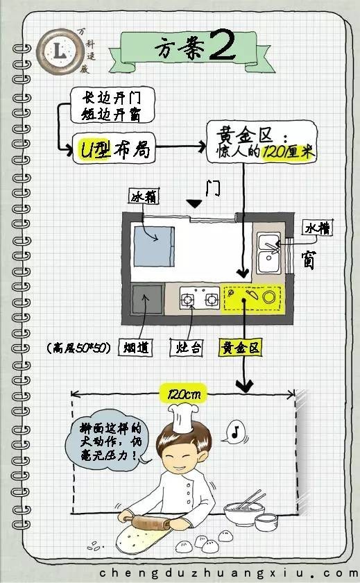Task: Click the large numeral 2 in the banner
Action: [223, 45]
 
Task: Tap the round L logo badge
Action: [60, 50]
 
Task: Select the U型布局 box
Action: [114, 149]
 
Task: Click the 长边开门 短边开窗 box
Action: [112, 105]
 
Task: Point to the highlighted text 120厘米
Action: [288, 152]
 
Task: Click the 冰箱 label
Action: [144, 196]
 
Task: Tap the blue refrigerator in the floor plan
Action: [154, 246]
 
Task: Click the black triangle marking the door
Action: [194, 203]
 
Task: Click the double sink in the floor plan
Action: [268, 253]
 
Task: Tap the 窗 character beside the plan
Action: [309, 260]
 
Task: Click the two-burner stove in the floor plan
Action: [200, 298]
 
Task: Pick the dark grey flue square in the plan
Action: [148, 299]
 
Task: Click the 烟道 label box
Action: [135, 348]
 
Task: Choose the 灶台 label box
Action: [187, 348]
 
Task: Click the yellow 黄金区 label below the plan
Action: [241, 348]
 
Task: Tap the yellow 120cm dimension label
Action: [183, 394]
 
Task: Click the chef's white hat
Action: [183, 417]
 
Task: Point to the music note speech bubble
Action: [236, 432]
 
